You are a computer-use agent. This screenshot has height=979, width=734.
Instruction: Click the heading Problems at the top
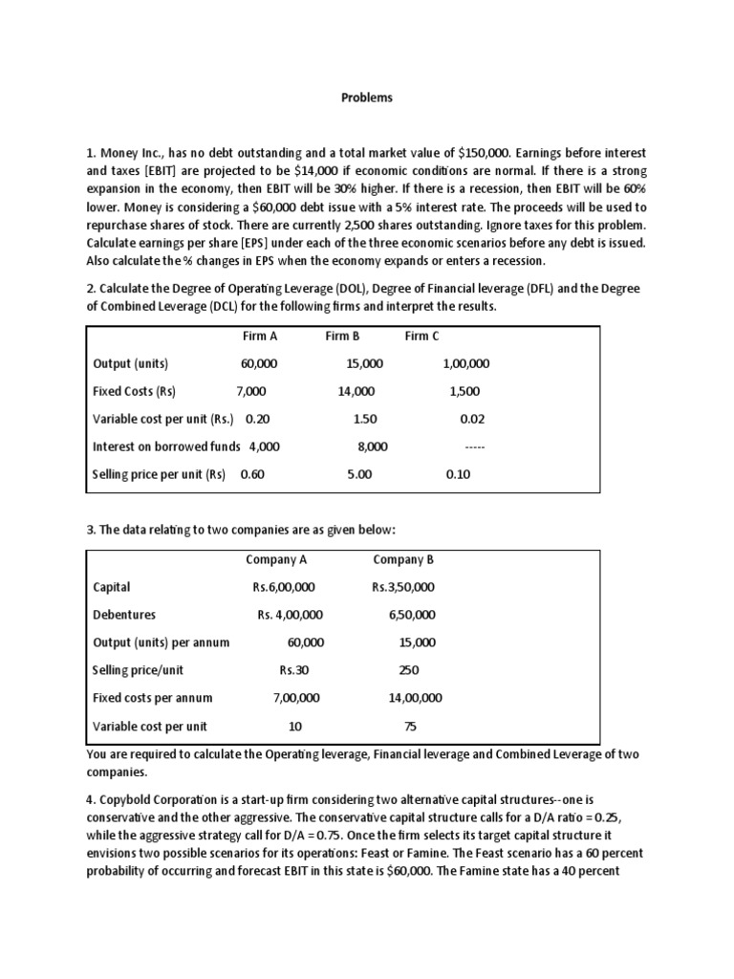[367, 98]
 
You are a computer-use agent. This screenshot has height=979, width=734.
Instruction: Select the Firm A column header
[259, 337]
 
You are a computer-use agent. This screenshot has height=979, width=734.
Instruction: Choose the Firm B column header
[342, 337]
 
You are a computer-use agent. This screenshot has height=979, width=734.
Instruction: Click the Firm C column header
[422, 337]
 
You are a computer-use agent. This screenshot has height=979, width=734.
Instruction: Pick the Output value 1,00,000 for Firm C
[466, 364]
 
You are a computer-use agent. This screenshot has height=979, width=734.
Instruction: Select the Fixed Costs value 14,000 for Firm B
[356, 392]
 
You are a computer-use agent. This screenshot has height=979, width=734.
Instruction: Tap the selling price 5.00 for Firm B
[359, 475]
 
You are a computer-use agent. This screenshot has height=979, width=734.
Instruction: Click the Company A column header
[276, 560]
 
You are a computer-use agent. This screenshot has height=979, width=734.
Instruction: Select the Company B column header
[402, 560]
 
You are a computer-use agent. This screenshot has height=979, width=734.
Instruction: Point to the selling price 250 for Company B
[408, 671]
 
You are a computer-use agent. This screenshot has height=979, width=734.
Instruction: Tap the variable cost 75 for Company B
[410, 727]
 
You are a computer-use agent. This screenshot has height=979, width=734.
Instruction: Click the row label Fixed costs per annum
[153, 699]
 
